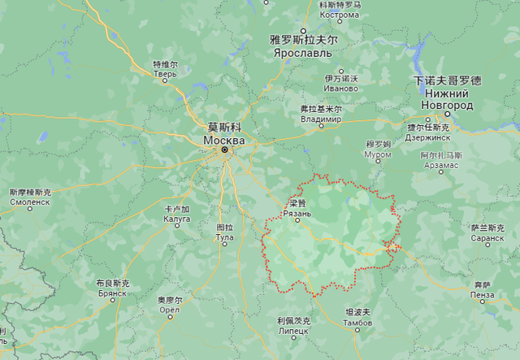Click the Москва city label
[x=223, y=140]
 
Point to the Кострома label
[x=339, y=15]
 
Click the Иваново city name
[x=340, y=88]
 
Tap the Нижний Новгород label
[x=447, y=99]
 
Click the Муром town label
[x=378, y=153]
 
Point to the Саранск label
[x=487, y=239]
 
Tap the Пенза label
[x=482, y=294]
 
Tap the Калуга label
[x=176, y=219]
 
